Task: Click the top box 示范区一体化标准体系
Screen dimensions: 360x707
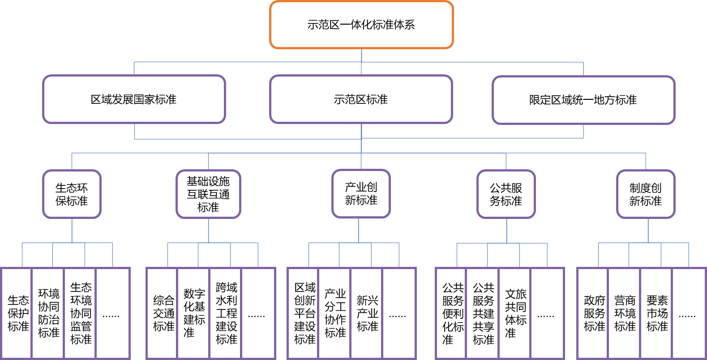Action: tap(361, 25)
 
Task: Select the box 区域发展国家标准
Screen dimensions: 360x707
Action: tap(134, 99)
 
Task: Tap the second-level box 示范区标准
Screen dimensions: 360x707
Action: tap(361, 99)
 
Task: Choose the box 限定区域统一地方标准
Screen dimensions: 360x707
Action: tap(583, 100)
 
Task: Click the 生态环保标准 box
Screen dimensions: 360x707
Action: tap(72, 194)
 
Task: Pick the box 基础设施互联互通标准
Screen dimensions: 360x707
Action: tap(208, 194)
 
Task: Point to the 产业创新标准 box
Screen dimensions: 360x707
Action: tap(361, 194)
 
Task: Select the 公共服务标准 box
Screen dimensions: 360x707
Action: tap(506, 194)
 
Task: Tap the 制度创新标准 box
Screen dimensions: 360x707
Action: tap(645, 194)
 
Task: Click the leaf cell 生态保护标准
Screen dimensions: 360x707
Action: tap(18, 313)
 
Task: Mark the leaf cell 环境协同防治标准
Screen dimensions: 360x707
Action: tap(48, 313)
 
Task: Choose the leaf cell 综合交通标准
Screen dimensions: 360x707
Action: tap(163, 313)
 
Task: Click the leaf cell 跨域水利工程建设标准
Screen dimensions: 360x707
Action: tap(226, 313)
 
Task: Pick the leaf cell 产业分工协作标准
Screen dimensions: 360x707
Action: tap(335, 313)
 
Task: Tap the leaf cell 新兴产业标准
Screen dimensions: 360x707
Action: tap(367, 313)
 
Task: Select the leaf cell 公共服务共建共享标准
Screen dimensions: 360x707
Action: tap(483, 313)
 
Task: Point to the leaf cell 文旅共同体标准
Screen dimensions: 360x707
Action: tap(515, 313)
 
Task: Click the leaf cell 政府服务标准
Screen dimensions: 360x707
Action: tap(594, 313)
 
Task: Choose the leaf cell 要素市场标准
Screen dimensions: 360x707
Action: tap(657, 313)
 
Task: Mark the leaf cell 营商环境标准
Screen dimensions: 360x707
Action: tap(625, 313)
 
